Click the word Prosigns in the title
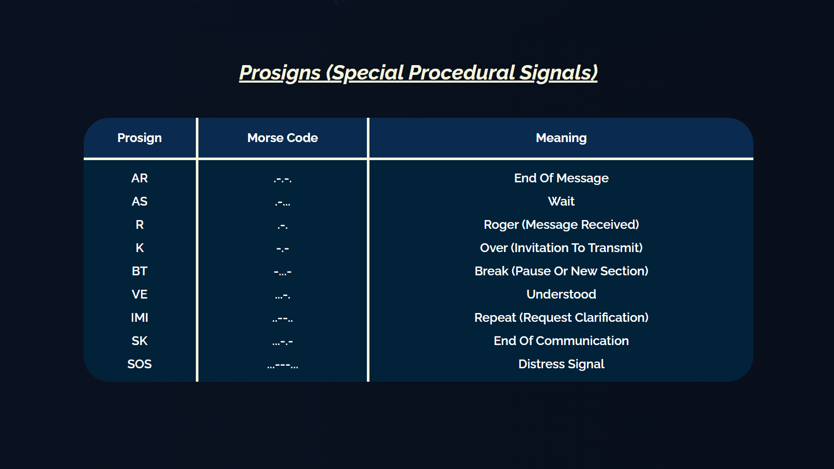pos(280,73)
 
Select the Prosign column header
pos(140,138)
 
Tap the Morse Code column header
pos(282,138)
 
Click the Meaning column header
pos(561,138)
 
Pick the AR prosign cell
pos(140,178)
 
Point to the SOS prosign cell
pos(140,364)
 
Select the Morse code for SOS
pos(283,365)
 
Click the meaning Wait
pos(561,201)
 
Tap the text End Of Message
pos(561,178)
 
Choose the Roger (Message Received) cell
pos(561,225)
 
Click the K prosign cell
pos(140,248)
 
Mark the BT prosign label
pos(140,271)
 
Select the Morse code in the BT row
pos(283,272)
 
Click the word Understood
pos(561,294)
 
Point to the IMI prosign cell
pos(140,318)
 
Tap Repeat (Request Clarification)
pos(561,318)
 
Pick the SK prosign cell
pos(140,341)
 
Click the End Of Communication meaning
pos(561,341)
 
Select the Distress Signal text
pos(561,364)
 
